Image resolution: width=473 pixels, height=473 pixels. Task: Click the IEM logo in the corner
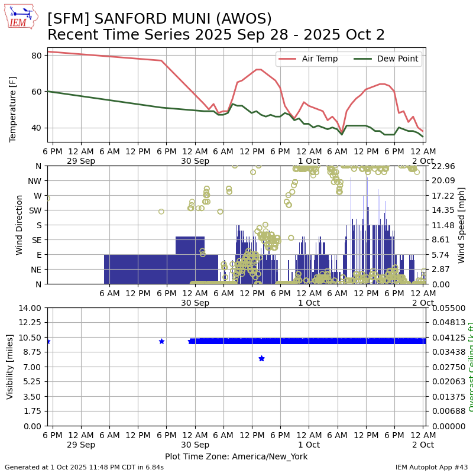click(21, 17)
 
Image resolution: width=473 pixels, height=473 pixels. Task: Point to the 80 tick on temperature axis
click(36, 56)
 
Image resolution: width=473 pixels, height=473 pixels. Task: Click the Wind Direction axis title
click(20, 225)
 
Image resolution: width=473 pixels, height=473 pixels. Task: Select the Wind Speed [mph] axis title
click(462, 225)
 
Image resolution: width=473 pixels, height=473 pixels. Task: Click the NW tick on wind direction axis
click(35, 181)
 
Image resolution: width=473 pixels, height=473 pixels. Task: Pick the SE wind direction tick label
click(36, 240)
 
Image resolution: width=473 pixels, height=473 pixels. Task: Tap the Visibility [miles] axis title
click(10, 367)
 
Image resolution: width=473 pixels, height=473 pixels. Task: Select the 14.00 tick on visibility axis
click(30, 308)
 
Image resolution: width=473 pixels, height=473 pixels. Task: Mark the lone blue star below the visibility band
click(261, 358)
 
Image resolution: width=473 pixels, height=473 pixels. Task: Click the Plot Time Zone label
click(236, 456)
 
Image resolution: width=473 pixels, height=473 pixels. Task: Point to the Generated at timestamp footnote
click(84, 467)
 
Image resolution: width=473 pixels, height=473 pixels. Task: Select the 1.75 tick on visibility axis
click(33, 412)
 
